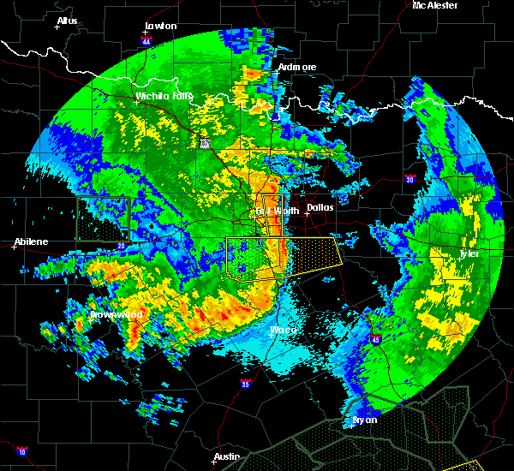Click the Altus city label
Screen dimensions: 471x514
pyautogui.click(x=67, y=20)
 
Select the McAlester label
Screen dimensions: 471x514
pyautogui.click(x=435, y=5)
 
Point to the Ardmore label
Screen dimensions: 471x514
pyautogui.click(x=297, y=67)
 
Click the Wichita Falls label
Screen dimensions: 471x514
pyautogui.click(x=164, y=96)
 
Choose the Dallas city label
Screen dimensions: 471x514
pyautogui.click(x=320, y=207)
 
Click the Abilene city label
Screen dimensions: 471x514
pyautogui.click(x=31, y=241)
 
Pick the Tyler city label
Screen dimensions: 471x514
pyautogui.click(x=470, y=253)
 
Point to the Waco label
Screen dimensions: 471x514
pyautogui.click(x=284, y=330)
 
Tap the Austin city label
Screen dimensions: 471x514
pyautogui.click(x=226, y=456)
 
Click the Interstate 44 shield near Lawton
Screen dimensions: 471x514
pyautogui.click(x=146, y=41)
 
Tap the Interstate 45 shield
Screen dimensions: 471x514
pyautogui.click(x=375, y=340)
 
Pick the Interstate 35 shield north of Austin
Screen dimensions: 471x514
pyautogui.click(x=247, y=383)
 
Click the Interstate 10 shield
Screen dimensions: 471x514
pyautogui.click(x=21, y=451)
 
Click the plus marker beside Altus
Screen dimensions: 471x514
pyautogui.click(x=57, y=27)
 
